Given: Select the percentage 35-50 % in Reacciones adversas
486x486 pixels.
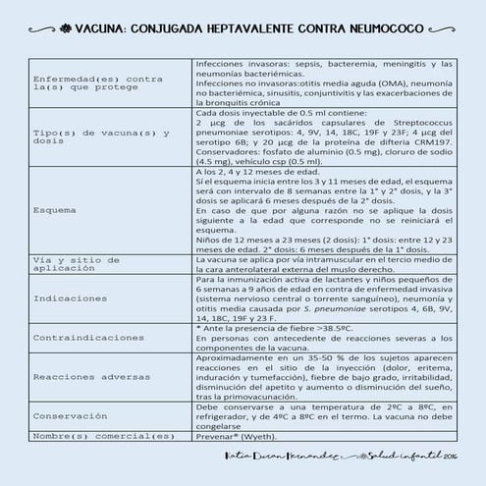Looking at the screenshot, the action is point(297,356).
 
